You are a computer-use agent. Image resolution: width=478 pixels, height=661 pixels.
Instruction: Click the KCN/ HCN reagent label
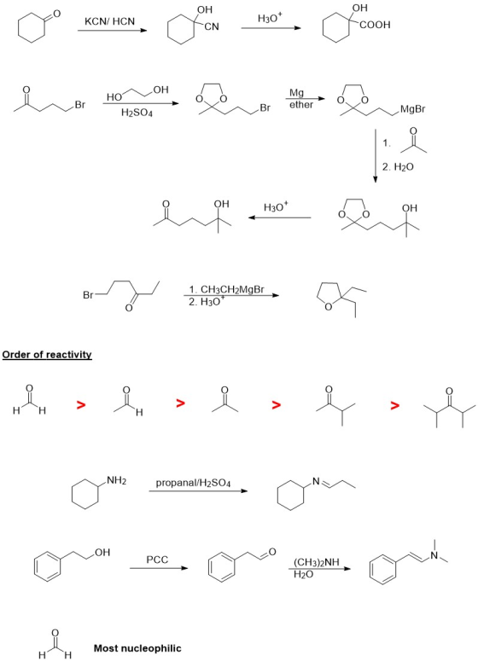[110, 21]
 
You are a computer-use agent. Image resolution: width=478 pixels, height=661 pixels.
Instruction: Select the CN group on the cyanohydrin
[212, 27]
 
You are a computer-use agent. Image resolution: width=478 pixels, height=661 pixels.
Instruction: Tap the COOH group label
[375, 26]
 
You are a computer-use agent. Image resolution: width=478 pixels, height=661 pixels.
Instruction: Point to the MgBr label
[413, 110]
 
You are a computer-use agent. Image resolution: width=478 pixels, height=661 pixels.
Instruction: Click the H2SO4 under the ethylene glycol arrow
[137, 113]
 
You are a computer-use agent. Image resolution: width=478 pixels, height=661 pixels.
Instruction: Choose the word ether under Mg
[301, 104]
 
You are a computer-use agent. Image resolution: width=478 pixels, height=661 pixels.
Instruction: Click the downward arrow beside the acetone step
[375, 157]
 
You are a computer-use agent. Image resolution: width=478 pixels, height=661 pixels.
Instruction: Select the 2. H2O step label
[398, 167]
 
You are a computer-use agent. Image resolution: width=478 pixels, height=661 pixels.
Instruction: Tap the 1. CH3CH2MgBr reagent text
[226, 289]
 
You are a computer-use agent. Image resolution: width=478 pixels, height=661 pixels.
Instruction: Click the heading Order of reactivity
[47, 355]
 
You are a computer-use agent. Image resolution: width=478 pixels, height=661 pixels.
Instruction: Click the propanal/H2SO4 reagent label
[193, 483]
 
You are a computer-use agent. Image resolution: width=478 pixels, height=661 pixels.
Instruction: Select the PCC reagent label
[157, 560]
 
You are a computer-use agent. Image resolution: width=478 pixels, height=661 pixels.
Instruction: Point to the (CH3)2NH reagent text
[317, 563]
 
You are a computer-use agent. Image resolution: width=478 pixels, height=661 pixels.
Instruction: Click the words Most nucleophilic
[137, 648]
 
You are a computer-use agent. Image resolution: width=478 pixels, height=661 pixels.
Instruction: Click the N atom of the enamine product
[434, 556]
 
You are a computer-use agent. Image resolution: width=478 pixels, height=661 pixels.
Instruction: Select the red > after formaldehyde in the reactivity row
[80, 405]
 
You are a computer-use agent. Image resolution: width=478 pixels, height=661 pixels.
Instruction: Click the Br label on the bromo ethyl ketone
[88, 295]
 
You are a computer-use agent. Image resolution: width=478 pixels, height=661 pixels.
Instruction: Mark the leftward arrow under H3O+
[280, 218]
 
